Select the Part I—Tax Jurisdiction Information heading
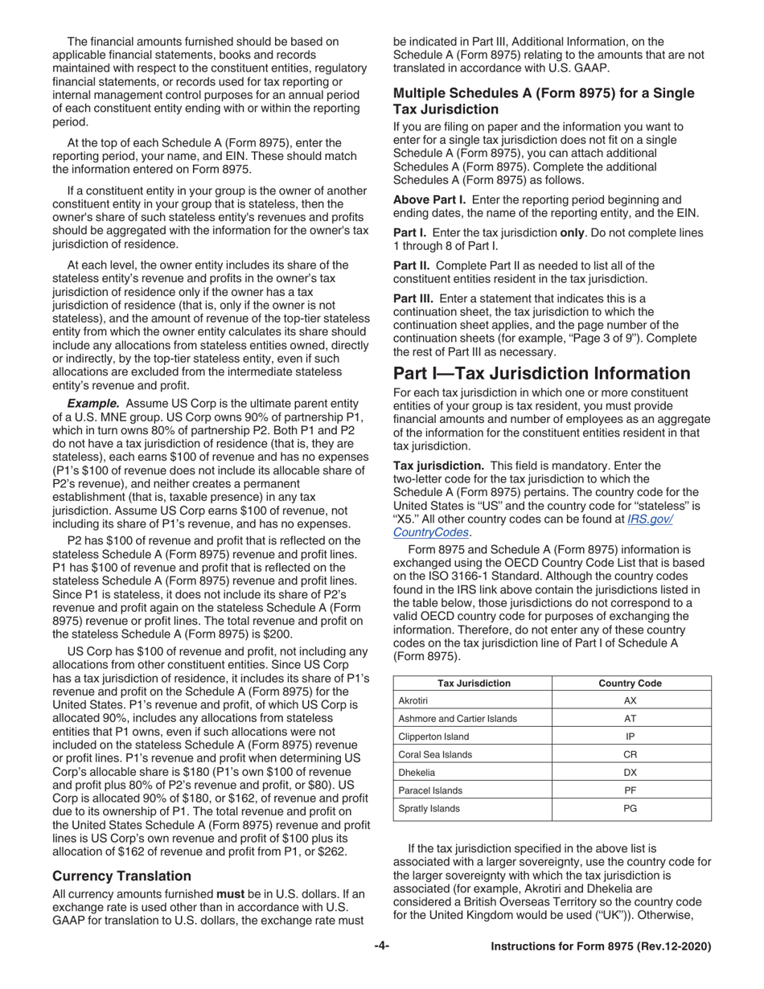click(x=541, y=373)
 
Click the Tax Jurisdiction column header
click(x=473, y=683)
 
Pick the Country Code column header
click(x=631, y=683)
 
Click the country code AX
click(x=631, y=701)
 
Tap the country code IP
click(x=631, y=737)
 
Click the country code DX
click(x=631, y=773)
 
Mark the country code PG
click(x=631, y=809)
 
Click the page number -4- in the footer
click(x=381, y=947)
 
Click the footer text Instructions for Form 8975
click(x=601, y=947)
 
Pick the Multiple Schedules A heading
click(x=544, y=101)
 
